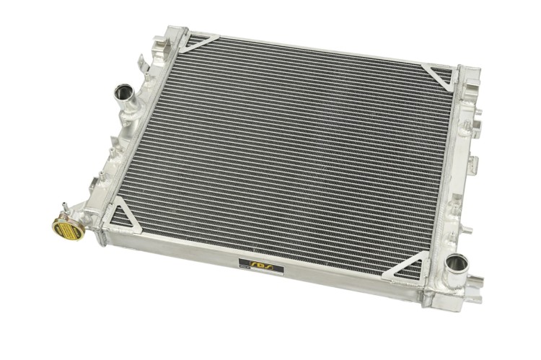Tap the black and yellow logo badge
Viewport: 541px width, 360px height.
[x=261, y=266]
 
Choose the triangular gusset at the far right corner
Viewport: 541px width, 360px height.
[x=439, y=74]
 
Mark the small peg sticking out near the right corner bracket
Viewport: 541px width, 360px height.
[x=478, y=115]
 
